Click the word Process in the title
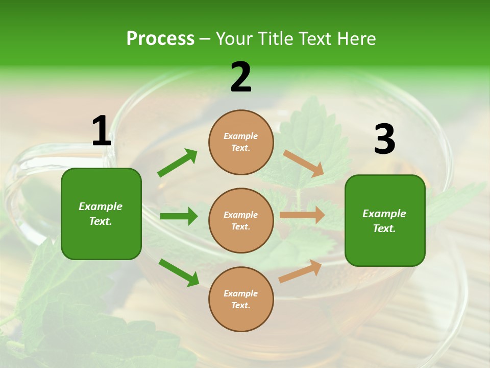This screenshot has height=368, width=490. (x=160, y=39)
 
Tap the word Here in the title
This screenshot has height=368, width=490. (x=356, y=39)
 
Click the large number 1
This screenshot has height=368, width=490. (x=101, y=131)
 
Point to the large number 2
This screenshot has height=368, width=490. (x=241, y=77)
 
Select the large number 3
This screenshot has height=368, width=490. (x=384, y=139)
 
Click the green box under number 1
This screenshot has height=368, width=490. (x=101, y=214)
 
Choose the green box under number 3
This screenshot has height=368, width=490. (x=385, y=221)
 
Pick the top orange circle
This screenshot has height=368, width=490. (x=241, y=142)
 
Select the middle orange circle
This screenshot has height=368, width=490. (x=241, y=220)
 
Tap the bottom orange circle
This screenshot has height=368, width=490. (x=241, y=299)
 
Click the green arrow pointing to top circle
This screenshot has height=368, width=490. (x=177, y=163)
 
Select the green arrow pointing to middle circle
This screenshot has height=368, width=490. (x=179, y=216)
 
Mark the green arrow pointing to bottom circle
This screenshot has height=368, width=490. (x=179, y=272)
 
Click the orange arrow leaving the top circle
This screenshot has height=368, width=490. (x=304, y=163)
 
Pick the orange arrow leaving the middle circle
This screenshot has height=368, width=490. (x=302, y=215)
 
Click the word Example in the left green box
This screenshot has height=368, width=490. (x=101, y=206)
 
